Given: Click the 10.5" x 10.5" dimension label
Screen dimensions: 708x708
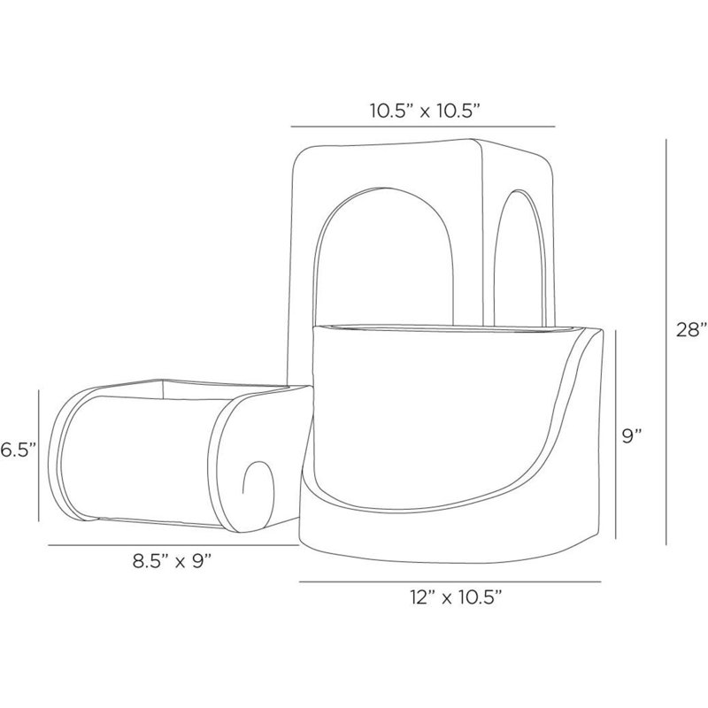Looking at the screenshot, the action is pyautogui.click(x=424, y=111).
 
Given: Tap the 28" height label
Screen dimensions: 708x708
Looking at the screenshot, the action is pyautogui.click(x=691, y=329).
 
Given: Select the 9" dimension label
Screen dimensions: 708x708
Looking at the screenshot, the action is pyautogui.click(x=632, y=436).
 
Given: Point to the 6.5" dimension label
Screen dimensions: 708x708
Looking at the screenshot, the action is pyautogui.click(x=18, y=450).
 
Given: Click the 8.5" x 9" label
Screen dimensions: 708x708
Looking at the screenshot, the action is pyautogui.click(x=172, y=562).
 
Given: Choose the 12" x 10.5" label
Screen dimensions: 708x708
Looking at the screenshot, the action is pyautogui.click(x=457, y=597).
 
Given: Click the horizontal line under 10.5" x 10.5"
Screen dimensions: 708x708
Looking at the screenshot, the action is pyautogui.click(x=423, y=127).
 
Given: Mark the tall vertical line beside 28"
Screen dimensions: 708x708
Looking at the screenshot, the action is pyautogui.click(x=666, y=342).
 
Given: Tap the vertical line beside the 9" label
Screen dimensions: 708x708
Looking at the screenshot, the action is pyautogui.click(x=616, y=435).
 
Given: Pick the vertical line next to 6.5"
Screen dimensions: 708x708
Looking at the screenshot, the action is pyautogui.click(x=39, y=456).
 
